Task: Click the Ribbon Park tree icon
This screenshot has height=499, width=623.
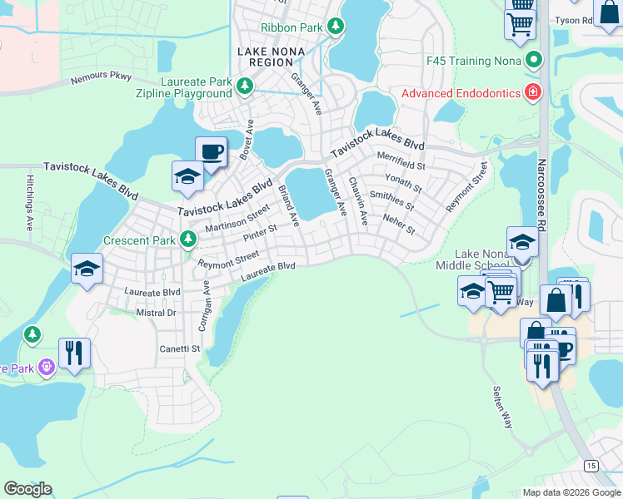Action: click(335, 27)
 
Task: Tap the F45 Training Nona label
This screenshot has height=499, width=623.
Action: click(473, 61)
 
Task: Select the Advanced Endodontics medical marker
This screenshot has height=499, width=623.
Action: click(531, 92)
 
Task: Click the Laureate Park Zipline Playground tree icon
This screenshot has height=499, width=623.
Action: click(245, 84)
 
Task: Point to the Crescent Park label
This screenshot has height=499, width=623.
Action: click(139, 240)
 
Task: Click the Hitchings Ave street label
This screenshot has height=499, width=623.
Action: click(28, 202)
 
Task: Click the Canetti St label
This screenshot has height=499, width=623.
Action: click(180, 349)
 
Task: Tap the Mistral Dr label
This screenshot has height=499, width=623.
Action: click(156, 313)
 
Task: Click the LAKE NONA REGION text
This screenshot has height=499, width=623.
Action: click(266, 57)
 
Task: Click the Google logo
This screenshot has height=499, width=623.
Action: click(27, 489)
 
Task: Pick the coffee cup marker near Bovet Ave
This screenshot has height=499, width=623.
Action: click(212, 152)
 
